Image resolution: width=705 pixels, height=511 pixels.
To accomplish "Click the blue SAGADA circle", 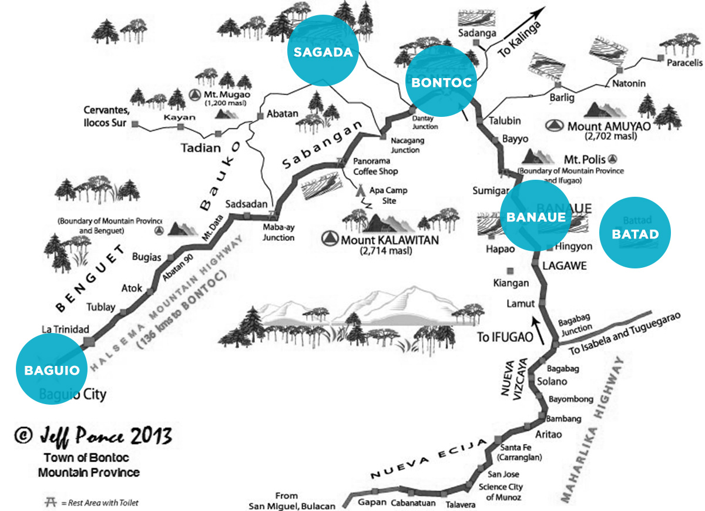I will tap(323, 52).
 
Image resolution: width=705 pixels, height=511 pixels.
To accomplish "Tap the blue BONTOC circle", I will tap(441, 83).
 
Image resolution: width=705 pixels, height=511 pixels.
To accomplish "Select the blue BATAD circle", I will tap(635, 234).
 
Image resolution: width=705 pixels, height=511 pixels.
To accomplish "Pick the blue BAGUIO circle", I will tap(52, 370).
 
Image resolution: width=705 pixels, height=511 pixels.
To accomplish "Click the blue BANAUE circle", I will tap(536, 217).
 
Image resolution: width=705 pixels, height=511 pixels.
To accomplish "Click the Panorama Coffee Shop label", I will tap(375, 167).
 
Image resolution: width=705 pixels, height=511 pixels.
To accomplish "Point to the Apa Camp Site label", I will tap(388, 196).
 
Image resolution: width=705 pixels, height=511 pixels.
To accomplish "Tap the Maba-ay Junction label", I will tap(278, 233).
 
